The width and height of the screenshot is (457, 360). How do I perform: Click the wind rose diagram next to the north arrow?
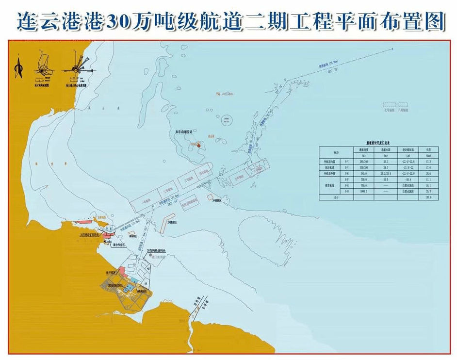[44, 68]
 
